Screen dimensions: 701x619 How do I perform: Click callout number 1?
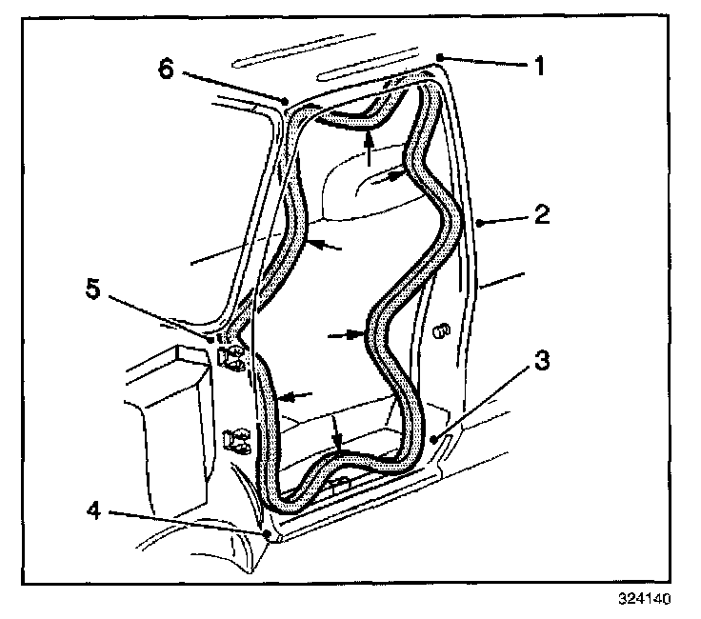539,67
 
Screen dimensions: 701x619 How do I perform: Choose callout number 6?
167,70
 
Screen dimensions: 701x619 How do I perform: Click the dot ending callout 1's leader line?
440,58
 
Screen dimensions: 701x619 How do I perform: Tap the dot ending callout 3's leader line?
434,439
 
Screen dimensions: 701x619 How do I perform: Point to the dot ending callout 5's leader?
211,337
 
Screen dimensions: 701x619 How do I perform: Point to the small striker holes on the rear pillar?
439,332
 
